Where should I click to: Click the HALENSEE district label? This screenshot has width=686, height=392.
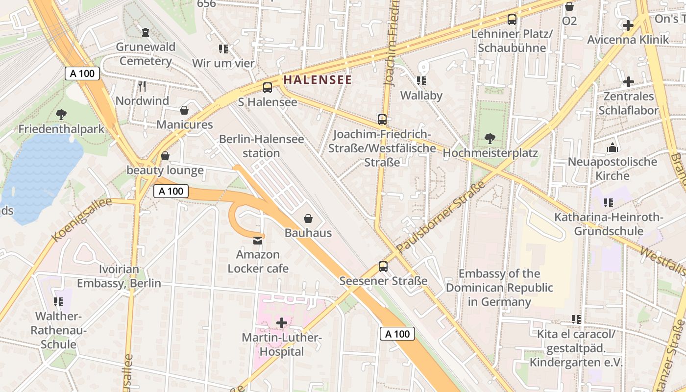point(318,80)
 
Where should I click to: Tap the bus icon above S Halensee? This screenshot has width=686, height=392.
point(268,88)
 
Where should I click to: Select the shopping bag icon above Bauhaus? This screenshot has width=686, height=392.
point(308,219)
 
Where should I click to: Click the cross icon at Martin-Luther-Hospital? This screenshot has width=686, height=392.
point(282,323)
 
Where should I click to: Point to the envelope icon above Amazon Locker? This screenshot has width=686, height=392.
point(258,240)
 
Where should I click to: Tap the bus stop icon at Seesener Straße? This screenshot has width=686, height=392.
point(383,267)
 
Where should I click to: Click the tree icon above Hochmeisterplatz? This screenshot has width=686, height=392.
point(490,139)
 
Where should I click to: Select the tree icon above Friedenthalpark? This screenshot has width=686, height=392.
point(61,115)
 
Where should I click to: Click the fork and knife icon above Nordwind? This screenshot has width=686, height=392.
point(142,87)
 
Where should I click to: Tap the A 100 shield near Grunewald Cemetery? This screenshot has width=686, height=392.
point(82,74)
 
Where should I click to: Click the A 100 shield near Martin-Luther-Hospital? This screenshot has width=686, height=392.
point(397,334)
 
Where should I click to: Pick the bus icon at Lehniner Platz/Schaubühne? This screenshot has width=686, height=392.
point(512,20)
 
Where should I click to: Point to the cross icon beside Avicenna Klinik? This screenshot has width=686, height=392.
point(628,25)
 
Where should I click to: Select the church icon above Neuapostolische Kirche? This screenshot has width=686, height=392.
point(612,147)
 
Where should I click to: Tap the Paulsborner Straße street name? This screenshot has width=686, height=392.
point(441,217)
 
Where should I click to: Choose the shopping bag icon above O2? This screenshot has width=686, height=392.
point(569,7)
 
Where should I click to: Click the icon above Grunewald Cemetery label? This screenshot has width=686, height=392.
point(146,32)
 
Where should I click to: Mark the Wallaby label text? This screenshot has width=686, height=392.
point(421,96)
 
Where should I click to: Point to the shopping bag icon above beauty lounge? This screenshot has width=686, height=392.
point(165,156)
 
